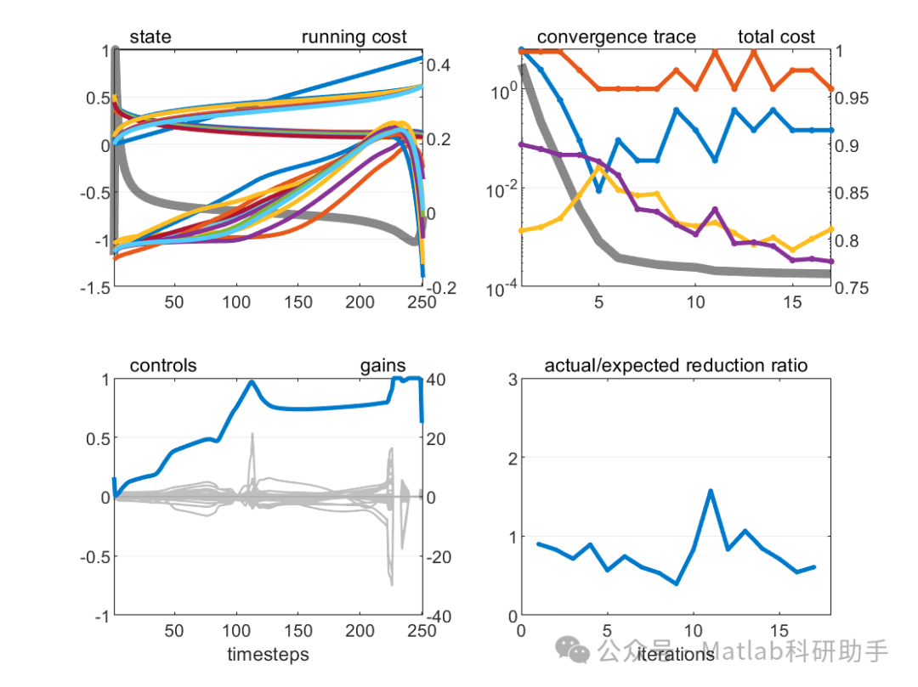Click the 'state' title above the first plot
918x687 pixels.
click(x=150, y=37)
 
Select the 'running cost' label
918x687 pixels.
click(x=354, y=37)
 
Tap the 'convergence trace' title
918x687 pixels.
click(x=616, y=37)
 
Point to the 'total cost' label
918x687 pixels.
click(x=776, y=37)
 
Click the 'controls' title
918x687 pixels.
click(x=163, y=366)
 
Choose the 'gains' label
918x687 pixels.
click(x=382, y=366)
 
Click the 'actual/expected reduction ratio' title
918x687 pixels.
click(x=676, y=366)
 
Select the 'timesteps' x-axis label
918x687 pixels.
click(x=268, y=655)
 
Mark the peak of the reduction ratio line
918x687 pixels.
click(x=711, y=491)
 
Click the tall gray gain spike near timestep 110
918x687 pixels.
click(x=252, y=435)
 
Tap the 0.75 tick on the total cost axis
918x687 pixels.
click(x=855, y=288)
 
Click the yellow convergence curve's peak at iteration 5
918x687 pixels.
click(x=599, y=167)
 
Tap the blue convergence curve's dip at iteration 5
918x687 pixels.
click(x=599, y=191)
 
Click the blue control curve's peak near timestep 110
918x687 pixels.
click(x=252, y=382)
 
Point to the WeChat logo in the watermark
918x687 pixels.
click(x=573, y=651)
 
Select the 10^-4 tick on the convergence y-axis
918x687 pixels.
click(x=496, y=288)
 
